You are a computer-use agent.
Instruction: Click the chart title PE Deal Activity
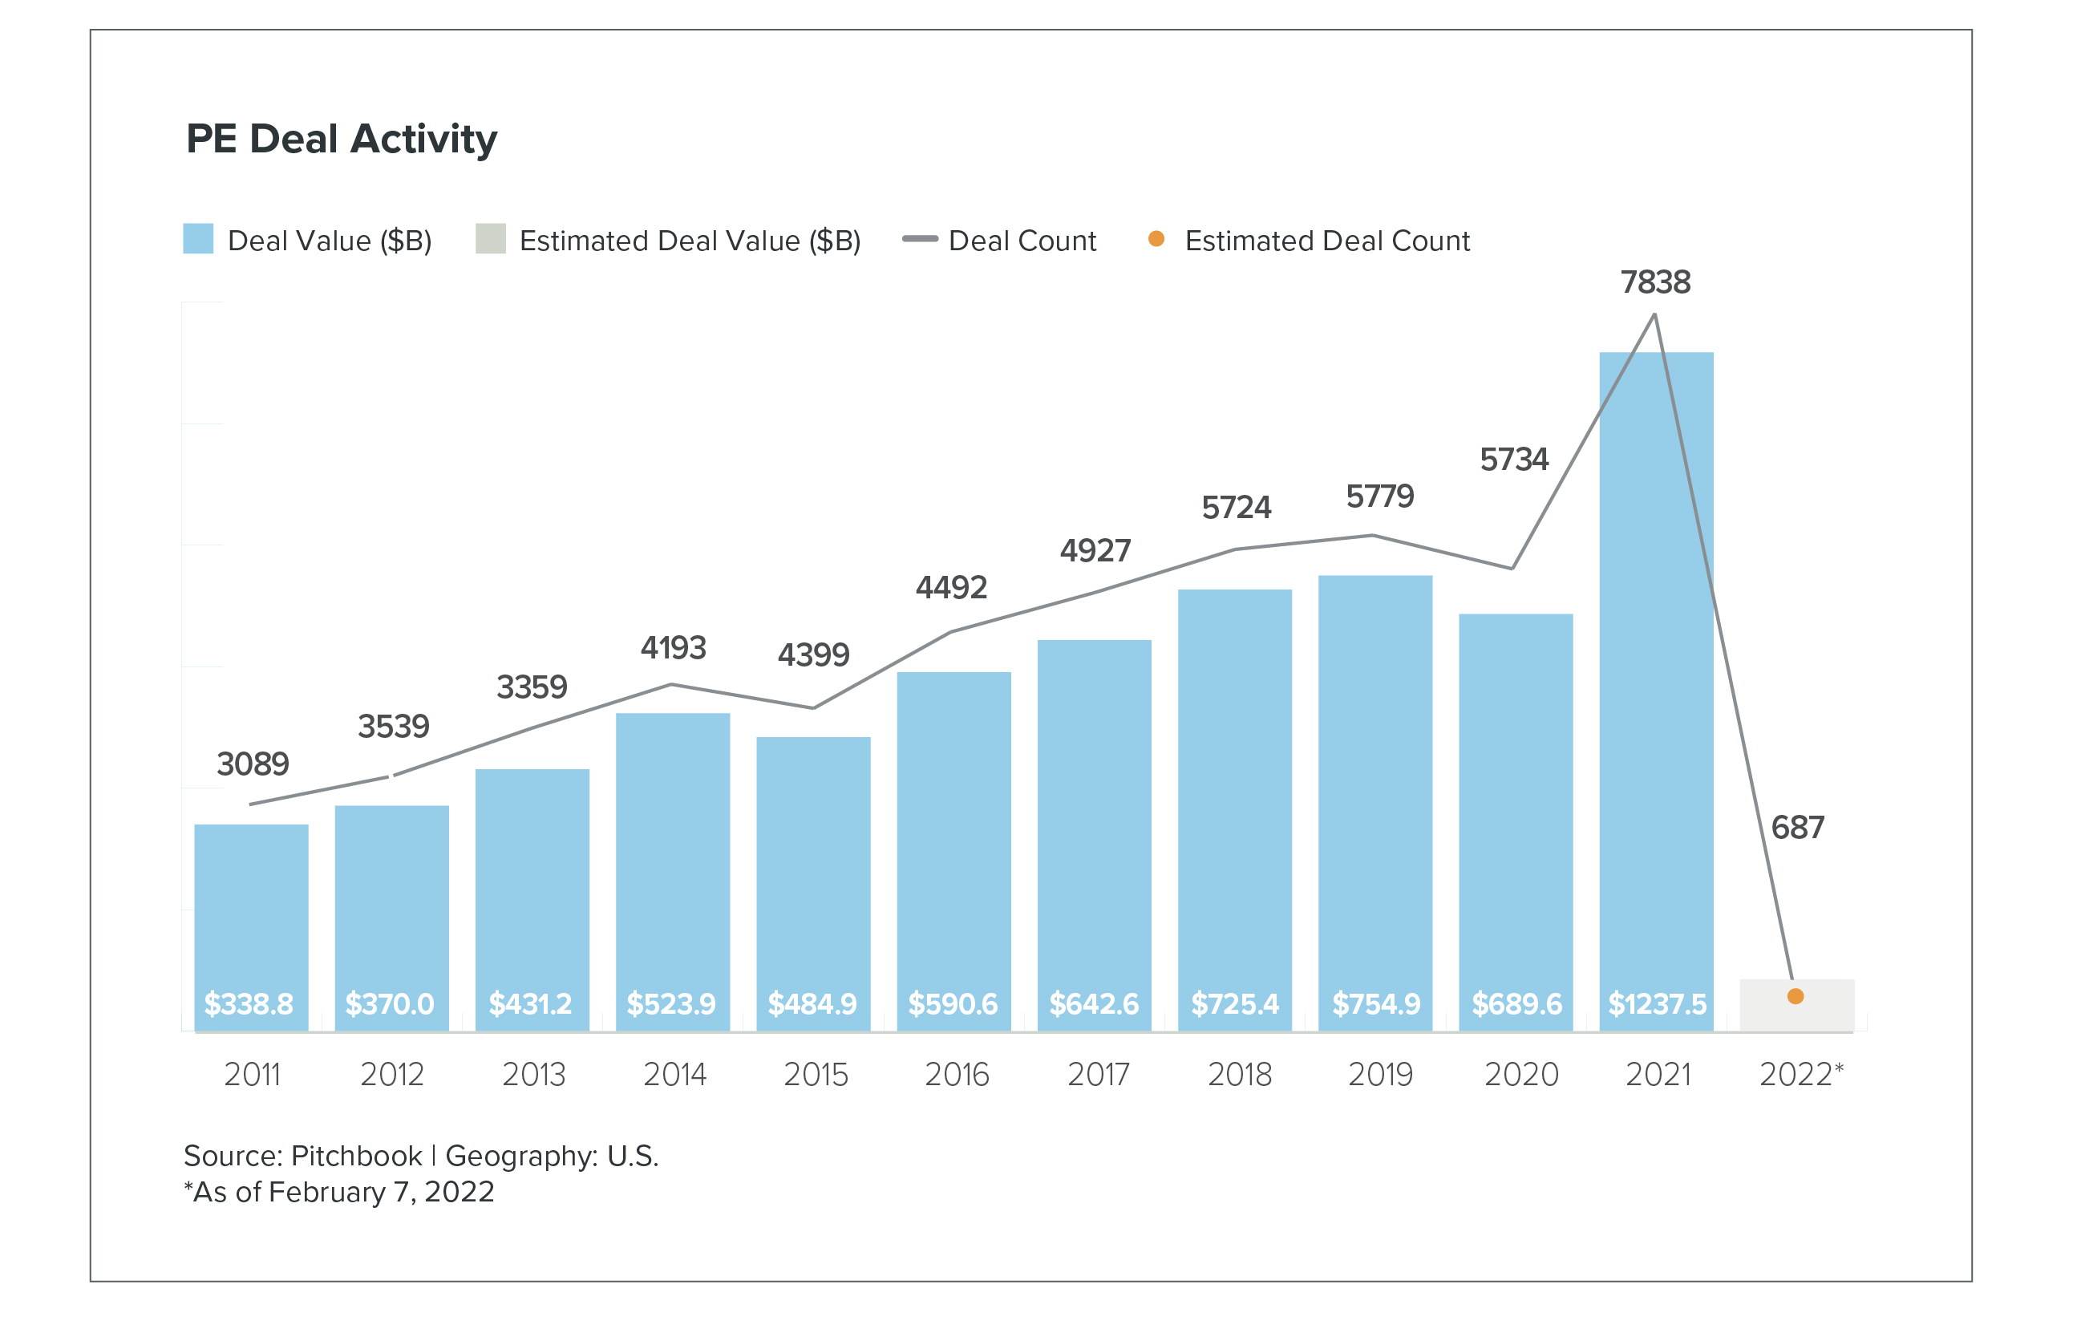click(341, 140)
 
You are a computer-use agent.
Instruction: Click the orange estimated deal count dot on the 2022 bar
click(1796, 996)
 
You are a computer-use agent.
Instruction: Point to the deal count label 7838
click(1654, 282)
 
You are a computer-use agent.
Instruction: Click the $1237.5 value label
click(1656, 1004)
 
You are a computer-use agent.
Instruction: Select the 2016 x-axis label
click(956, 1074)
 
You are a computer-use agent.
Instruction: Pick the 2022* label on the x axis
click(1800, 1074)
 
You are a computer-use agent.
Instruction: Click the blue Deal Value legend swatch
click(198, 239)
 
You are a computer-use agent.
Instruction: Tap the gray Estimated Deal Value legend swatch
click(491, 239)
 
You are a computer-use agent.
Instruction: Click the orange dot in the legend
click(1155, 239)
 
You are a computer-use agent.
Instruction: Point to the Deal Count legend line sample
click(919, 239)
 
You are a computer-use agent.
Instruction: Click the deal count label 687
click(1797, 828)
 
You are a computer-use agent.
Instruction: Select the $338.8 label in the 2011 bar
click(249, 1004)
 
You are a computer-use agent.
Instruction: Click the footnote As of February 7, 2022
click(339, 1192)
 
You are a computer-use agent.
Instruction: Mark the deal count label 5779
click(1379, 496)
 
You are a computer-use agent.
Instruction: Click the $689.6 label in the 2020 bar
click(1516, 1004)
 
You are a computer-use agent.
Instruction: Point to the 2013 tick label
click(533, 1074)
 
